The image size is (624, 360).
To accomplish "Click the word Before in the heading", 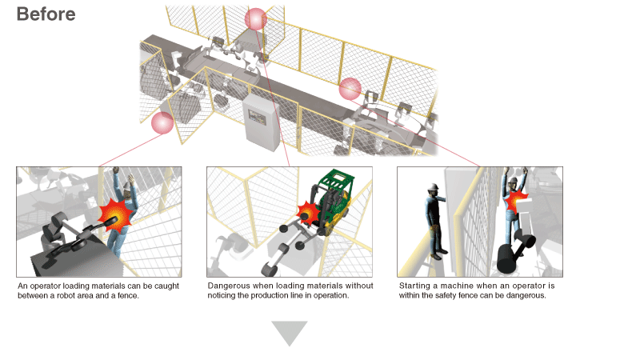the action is click(x=46, y=14).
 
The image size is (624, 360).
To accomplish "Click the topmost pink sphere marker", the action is click(x=255, y=18).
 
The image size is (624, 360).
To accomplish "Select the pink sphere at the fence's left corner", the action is click(x=162, y=122).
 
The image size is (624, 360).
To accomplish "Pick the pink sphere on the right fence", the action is click(x=350, y=89).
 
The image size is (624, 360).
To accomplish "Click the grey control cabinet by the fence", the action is click(x=261, y=122).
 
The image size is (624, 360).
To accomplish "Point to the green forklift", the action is click(x=334, y=201).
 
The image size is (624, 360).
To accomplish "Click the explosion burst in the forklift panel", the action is click(x=307, y=212).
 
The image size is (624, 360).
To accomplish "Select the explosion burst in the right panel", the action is click(x=516, y=199).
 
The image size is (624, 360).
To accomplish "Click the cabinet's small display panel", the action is click(x=257, y=117).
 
